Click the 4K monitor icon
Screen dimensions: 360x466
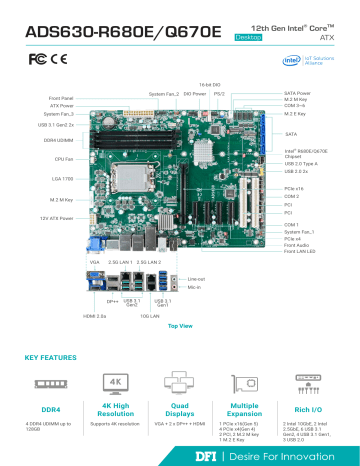click(115, 383)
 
